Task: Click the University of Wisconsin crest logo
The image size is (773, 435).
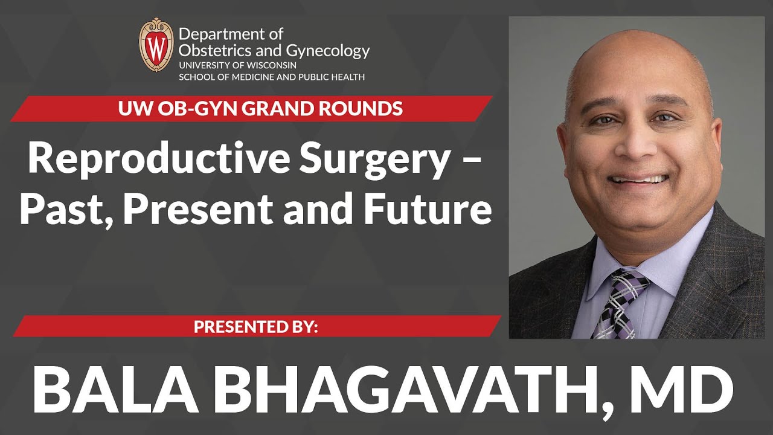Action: [156, 45]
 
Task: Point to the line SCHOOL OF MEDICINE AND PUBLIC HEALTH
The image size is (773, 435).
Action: [271, 77]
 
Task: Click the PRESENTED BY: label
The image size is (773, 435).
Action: [255, 327]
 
